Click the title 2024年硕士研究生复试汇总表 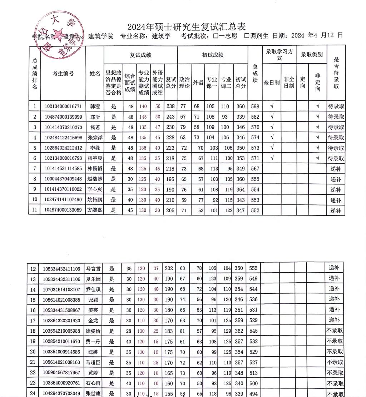point(187,27)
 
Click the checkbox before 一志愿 point(216,36)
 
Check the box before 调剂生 point(247,36)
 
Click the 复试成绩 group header point(140,55)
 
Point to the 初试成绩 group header point(213,55)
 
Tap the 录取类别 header point(312,54)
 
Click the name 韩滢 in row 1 point(95,106)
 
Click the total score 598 point(255,106)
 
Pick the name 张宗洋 point(95,138)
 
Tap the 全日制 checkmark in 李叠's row point(272,147)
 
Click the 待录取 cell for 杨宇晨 point(336,158)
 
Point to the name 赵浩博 point(95,179)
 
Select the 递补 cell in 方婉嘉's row point(336,210)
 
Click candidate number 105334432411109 point(61,268)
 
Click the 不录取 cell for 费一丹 point(335,341)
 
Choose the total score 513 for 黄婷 point(254,373)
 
